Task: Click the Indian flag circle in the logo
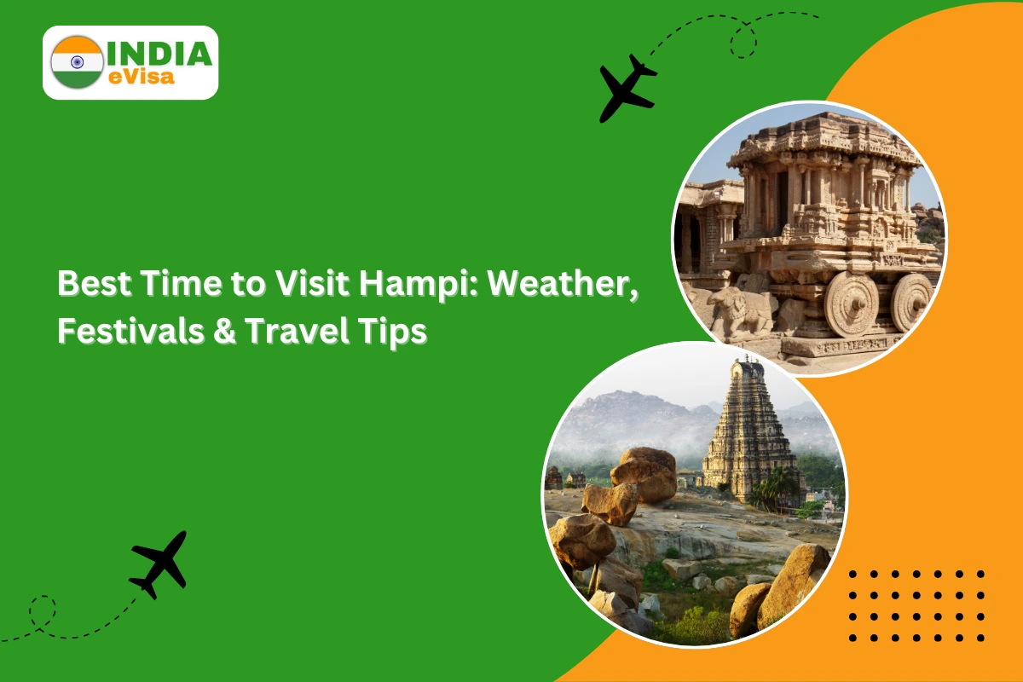(78, 62)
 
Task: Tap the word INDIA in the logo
(160, 54)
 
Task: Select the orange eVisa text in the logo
(142, 77)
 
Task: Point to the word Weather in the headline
(562, 284)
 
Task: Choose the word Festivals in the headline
(130, 331)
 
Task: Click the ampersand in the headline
(224, 331)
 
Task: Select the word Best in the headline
(95, 284)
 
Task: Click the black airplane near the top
(627, 88)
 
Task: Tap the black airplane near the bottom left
(159, 564)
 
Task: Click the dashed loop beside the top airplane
(743, 41)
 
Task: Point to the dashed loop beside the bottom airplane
(43, 611)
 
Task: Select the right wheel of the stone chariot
(912, 303)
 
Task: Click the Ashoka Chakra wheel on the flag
(78, 61)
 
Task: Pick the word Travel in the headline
(297, 331)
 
